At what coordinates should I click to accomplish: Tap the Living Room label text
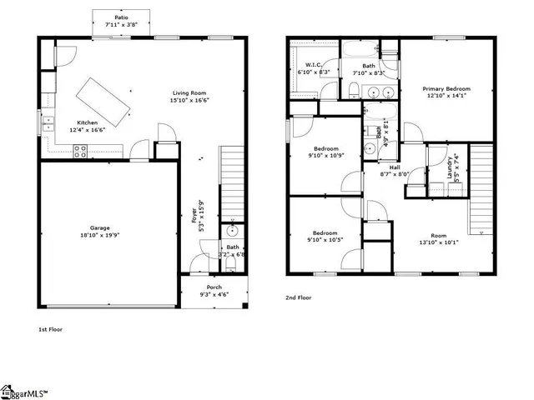point(189,93)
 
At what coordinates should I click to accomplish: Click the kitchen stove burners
point(82,151)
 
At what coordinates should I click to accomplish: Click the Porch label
point(214,287)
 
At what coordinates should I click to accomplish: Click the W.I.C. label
point(314,65)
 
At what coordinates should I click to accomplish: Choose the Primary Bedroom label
point(446,89)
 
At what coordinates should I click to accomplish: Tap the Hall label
point(395,167)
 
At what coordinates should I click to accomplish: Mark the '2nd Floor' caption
point(299,297)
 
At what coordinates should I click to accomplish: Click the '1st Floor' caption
point(51,329)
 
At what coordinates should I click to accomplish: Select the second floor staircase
point(481,191)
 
